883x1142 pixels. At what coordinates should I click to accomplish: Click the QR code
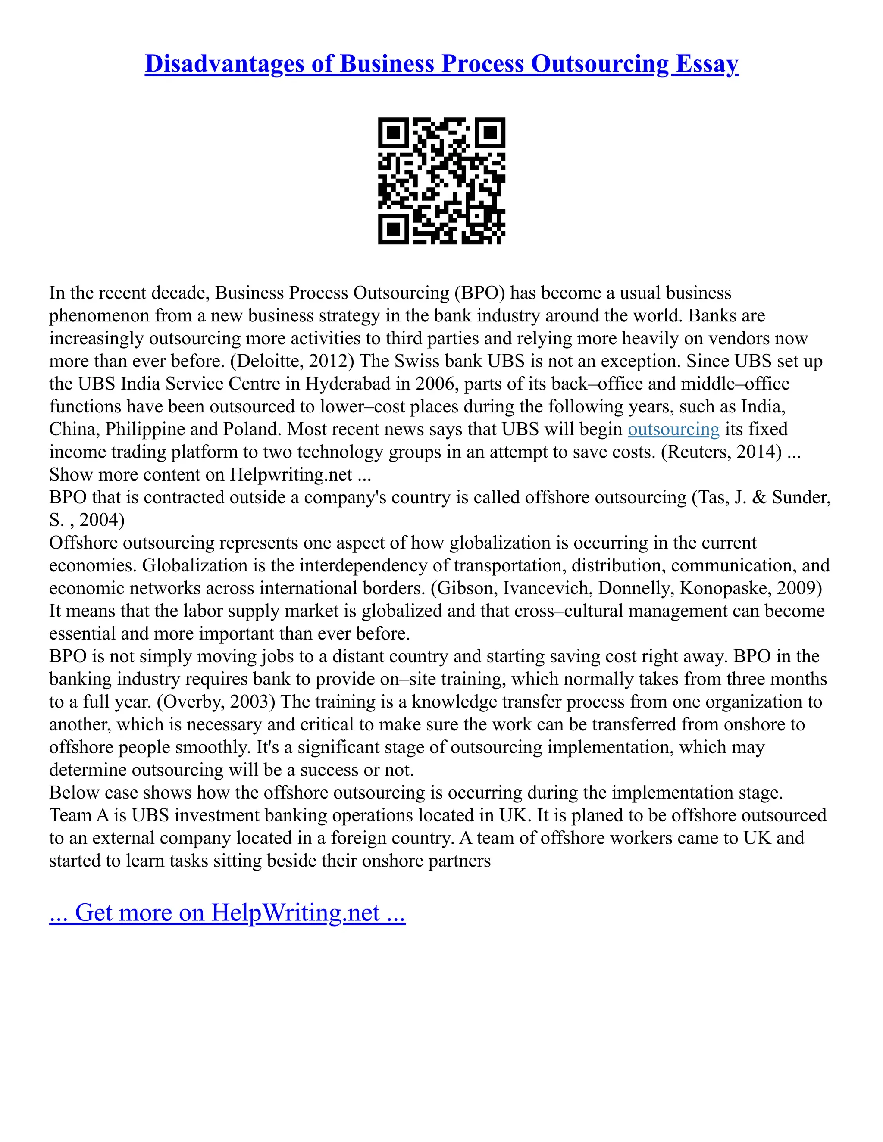(441, 181)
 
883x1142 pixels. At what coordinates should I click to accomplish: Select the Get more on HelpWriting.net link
(227, 912)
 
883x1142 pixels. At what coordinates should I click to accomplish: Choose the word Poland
(253, 429)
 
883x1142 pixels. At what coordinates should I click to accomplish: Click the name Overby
(191, 702)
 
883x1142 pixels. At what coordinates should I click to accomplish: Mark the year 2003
(253, 702)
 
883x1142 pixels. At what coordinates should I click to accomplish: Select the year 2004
(101, 520)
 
